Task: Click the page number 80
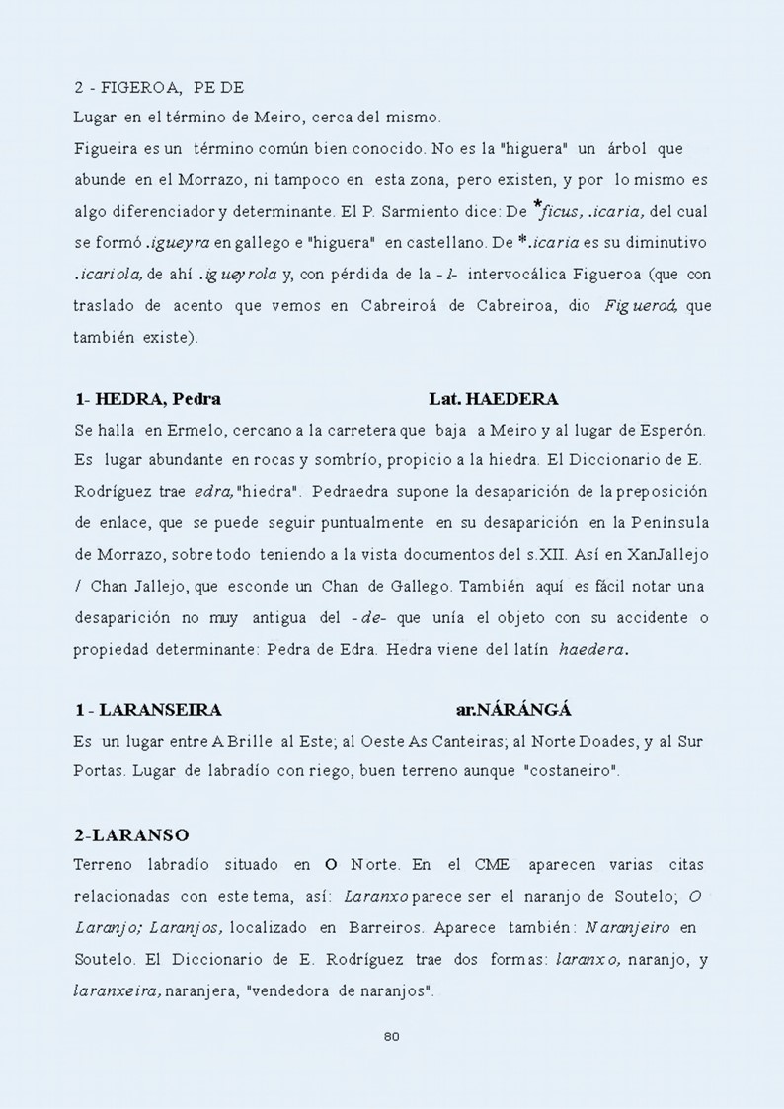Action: tap(390, 1036)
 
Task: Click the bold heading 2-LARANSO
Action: tap(131, 835)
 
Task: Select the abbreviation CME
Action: tap(491, 865)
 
